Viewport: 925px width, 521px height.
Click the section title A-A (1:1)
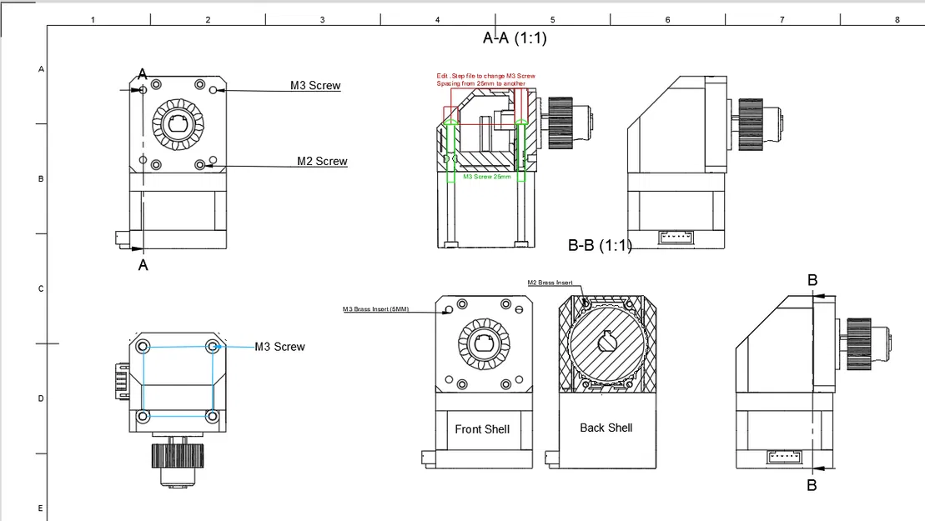coord(515,38)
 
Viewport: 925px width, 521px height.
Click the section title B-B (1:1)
coord(600,245)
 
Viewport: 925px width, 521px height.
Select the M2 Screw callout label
coord(322,161)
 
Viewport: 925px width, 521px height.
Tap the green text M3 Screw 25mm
coord(486,177)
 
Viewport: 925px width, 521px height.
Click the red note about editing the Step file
coord(485,80)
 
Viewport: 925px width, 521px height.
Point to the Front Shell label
coord(482,428)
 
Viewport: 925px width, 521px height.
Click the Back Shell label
coord(606,428)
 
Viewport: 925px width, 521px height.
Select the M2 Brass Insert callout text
coord(550,283)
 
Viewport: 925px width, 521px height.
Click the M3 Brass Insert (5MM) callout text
coord(375,309)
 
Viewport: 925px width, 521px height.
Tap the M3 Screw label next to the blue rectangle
coord(279,347)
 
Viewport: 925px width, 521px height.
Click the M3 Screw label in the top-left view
coord(315,85)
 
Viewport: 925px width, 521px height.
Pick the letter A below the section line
coord(143,265)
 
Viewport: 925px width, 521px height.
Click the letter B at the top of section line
coord(812,281)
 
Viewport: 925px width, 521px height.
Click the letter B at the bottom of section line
coord(812,485)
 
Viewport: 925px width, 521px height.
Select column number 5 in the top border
coord(552,19)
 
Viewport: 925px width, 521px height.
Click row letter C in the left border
coord(41,288)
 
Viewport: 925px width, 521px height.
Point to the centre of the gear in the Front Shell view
coord(483,342)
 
